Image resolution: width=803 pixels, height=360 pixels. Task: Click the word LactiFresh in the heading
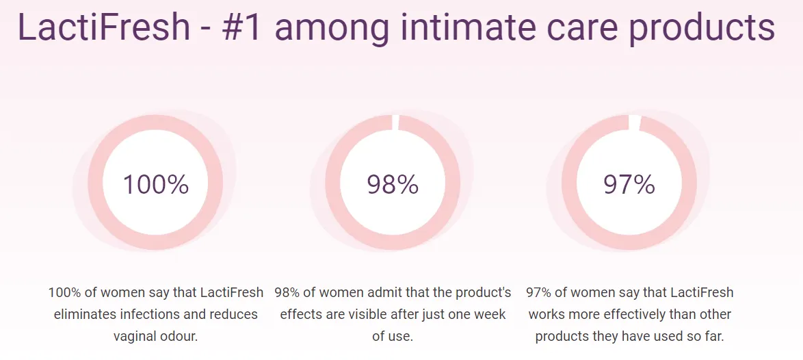pos(103,27)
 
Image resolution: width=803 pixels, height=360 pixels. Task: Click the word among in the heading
pos(334,27)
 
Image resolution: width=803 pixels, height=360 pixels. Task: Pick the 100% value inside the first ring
pos(155,185)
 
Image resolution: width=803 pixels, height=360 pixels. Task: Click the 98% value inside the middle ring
pos(393,185)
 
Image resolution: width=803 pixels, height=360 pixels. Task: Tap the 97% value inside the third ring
pos(629,185)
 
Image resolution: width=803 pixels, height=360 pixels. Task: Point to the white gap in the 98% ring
pos(395,123)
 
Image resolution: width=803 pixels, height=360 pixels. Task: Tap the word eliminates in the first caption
pos(83,315)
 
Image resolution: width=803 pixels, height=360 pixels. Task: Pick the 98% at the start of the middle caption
pos(287,293)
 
